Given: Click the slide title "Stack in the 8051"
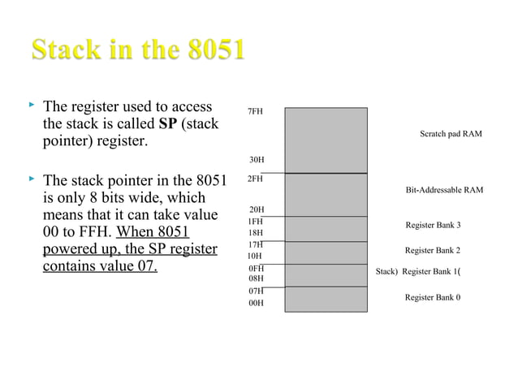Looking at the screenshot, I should click(138, 50).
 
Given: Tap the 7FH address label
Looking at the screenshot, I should click(255, 111).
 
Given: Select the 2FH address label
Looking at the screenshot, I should click(255, 179).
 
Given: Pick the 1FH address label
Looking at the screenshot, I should click(255, 221).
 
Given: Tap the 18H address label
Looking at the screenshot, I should click(255, 232).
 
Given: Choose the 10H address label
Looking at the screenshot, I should click(254, 255).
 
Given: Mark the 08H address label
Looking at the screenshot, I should click(255, 278).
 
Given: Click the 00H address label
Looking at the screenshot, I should click(255, 304).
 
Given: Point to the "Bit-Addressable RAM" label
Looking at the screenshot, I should click(444, 190).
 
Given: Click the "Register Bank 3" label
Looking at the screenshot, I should click(433, 225).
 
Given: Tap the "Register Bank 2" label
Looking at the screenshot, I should click(433, 251).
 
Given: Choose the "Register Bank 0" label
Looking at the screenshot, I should click(433, 297).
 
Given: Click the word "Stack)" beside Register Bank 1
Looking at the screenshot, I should click(387, 272).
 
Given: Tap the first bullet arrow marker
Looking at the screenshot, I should click(32, 106).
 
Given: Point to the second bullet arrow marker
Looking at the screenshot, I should click(32, 178).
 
